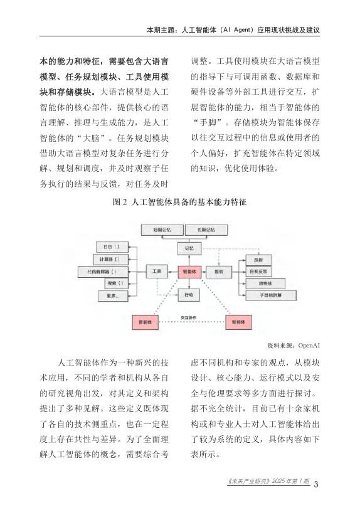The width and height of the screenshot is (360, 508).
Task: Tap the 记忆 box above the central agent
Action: (x=189, y=248)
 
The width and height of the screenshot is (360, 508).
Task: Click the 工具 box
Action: (x=157, y=272)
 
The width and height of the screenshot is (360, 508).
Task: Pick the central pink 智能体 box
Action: (x=189, y=272)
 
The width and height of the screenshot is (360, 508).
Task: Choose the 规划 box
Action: (x=220, y=272)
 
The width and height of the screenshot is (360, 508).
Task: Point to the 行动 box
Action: (x=189, y=294)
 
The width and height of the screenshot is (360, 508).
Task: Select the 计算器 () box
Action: (x=110, y=260)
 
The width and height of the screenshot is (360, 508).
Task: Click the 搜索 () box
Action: (x=110, y=283)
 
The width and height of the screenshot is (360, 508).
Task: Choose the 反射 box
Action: (x=258, y=260)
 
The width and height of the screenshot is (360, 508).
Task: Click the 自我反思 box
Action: (x=258, y=272)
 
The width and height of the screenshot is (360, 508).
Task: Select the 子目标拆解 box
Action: (x=258, y=295)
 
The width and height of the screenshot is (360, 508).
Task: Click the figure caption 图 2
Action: (x=179, y=203)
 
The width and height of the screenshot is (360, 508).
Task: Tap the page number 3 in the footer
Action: (x=316, y=484)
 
